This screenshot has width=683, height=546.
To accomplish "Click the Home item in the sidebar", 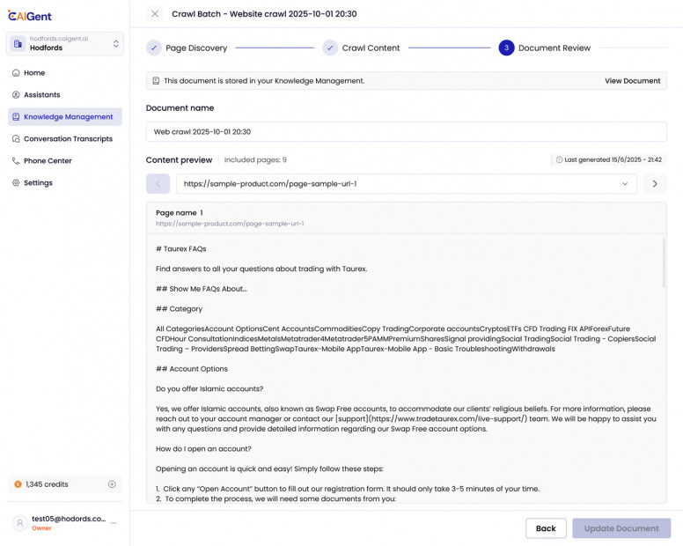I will point(34,73).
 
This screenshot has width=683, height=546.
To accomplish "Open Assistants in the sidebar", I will point(41,95).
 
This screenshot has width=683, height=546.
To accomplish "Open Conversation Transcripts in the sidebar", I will point(67,139).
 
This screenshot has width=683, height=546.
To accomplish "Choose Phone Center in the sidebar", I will point(48,161).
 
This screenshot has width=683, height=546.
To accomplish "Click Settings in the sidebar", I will point(38,183).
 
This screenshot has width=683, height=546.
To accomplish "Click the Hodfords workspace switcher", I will point(65,44).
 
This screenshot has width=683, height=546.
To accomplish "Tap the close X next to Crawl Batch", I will point(155,14).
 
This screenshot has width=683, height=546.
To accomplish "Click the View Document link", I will point(632,81).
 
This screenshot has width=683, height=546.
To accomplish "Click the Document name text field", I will point(406,132).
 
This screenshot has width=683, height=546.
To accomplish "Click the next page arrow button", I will point(654,184).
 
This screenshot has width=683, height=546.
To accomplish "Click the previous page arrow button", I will point(158,184).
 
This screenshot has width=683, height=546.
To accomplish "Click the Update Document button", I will point(621,528).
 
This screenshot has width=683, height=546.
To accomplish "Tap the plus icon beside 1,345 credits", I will point(112,484).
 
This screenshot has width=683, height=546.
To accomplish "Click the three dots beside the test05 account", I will point(113,523).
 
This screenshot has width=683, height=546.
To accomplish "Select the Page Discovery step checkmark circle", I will point(154,48).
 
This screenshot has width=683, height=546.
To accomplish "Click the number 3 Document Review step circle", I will point(506,48).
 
